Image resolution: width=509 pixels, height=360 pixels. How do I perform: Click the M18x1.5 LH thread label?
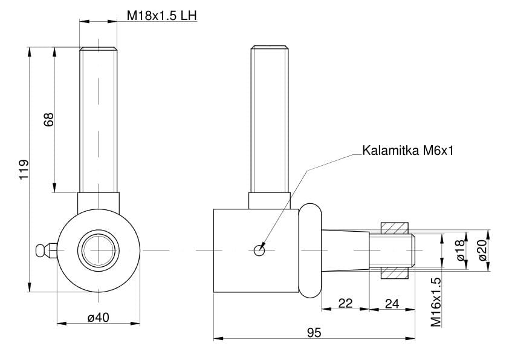(162, 15)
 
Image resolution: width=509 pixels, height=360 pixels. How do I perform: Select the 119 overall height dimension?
(23, 170)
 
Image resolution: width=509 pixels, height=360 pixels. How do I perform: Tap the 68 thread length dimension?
(50, 119)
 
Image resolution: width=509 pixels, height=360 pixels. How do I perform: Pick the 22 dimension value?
(345, 303)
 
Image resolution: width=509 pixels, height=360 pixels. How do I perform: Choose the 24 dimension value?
(392, 303)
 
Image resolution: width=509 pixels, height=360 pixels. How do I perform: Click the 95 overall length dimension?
(314, 332)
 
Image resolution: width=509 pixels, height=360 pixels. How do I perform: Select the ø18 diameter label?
(461, 250)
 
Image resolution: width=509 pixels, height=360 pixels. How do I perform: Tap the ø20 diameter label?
(482, 250)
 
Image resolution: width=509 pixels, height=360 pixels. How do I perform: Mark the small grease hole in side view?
(259, 249)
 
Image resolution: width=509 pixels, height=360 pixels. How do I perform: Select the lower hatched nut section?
(396, 272)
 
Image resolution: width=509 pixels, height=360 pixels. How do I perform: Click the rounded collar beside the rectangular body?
(310, 250)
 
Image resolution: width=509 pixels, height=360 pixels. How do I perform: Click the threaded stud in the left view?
(99, 121)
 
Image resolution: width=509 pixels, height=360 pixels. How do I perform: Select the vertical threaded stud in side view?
(270, 121)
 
